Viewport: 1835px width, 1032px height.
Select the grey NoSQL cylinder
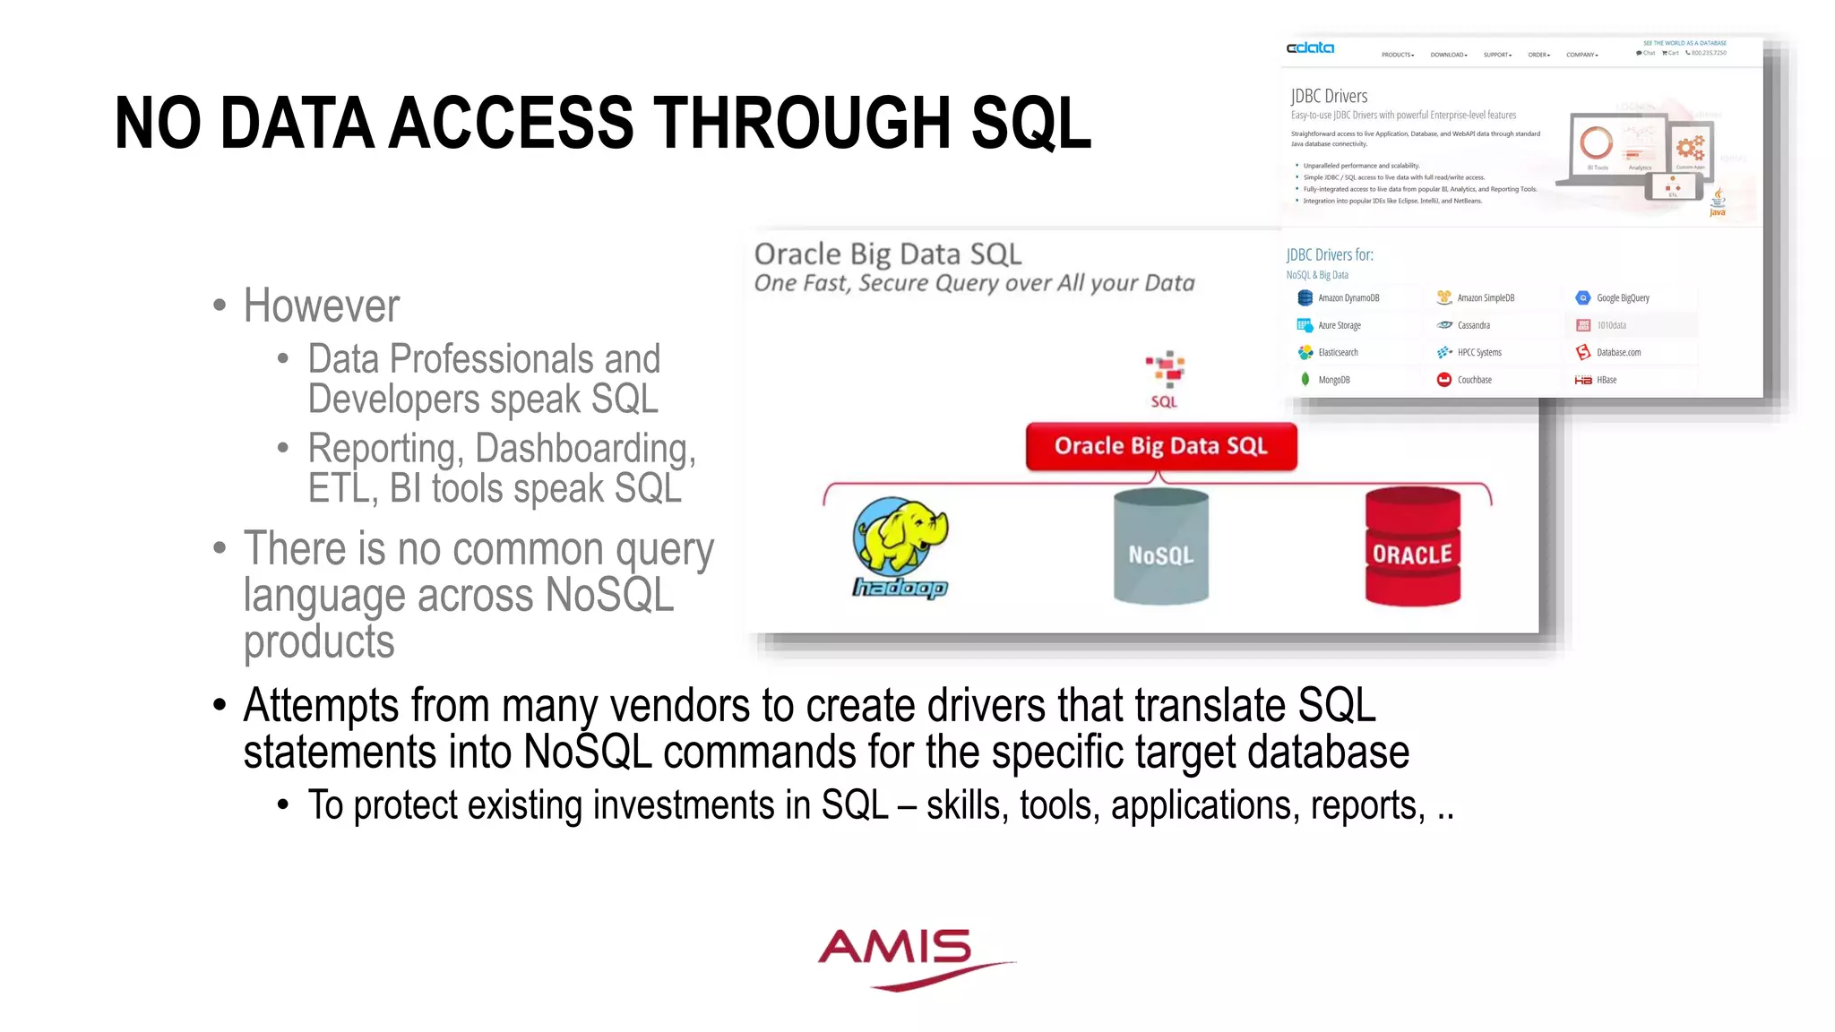pyautogui.click(x=1160, y=548)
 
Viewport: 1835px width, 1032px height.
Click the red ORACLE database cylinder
pyautogui.click(x=1412, y=548)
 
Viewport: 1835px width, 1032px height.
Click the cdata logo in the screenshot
pyautogui.click(x=1310, y=48)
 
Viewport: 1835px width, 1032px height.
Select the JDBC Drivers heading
pyautogui.click(x=1329, y=96)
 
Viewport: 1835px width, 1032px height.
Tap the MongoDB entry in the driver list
pyautogui.click(x=1333, y=380)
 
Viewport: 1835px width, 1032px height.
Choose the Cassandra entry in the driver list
pyautogui.click(x=1473, y=325)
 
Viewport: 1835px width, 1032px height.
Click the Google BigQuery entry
pyautogui.click(x=1622, y=298)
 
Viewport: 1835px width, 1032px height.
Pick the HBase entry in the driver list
pyautogui.click(x=1606, y=380)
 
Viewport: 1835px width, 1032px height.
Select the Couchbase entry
pyautogui.click(x=1474, y=380)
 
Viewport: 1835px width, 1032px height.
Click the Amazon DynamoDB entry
pyautogui.click(x=1348, y=298)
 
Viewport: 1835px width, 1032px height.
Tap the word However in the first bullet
pyautogui.click(x=321, y=306)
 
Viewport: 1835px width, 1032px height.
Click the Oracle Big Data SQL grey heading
pyautogui.click(x=887, y=254)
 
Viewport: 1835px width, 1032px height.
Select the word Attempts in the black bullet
pyautogui.click(x=320, y=706)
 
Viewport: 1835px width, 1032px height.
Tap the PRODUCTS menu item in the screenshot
pyautogui.click(x=1397, y=55)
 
